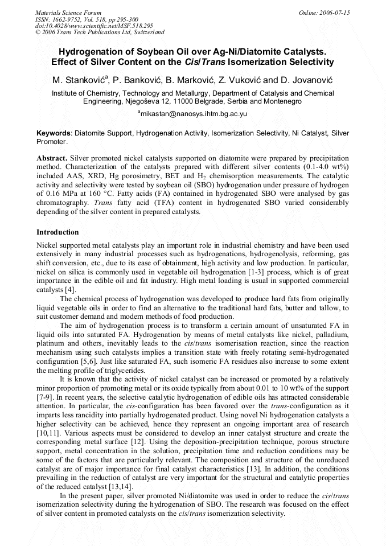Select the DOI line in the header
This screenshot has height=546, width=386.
pyautogui.click(x=93, y=26)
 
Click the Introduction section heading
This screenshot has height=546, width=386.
pyautogui.click(x=58, y=232)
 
